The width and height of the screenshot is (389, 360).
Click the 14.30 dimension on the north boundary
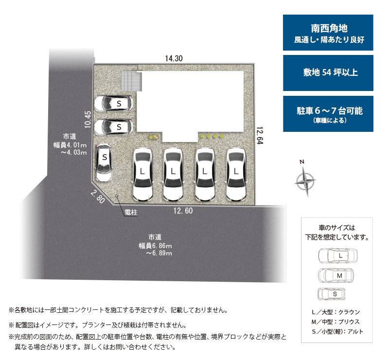[174, 58]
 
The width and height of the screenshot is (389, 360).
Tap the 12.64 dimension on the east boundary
[260, 136]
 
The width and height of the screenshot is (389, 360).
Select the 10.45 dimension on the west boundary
[88, 120]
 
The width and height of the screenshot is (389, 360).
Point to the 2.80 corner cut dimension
[98, 197]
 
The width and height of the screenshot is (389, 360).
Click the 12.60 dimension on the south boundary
[183, 211]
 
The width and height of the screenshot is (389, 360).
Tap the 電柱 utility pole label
[131, 213]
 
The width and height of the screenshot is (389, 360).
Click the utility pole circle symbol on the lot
[117, 196]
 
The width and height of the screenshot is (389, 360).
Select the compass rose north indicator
[305, 179]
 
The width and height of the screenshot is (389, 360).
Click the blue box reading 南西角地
[328, 33]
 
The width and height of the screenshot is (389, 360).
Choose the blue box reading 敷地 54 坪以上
[328, 73]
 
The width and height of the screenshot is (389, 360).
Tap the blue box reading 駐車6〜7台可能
[328, 114]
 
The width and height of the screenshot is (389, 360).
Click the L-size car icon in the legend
[338, 256]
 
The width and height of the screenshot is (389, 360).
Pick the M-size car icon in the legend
[336, 275]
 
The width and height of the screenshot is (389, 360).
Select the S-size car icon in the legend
[332, 294]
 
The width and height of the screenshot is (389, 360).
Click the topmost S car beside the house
[113, 103]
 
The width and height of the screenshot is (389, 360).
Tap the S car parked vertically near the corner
[104, 162]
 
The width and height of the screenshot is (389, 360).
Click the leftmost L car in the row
[142, 174]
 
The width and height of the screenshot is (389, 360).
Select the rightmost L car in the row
[236, 174]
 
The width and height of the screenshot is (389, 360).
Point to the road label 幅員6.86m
[155, 246]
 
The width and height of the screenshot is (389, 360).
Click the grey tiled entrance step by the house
[131, 81]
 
